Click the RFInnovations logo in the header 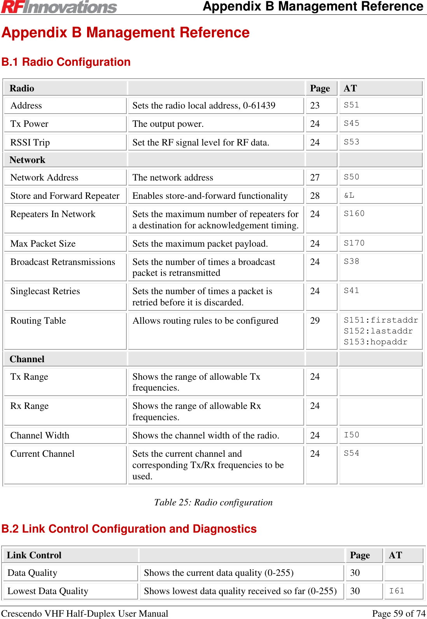pyautogui.click(x=59, y=7)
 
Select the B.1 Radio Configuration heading pyautogui.click(x=66, y=62)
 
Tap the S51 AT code pyautogui.click(x=351, y=105)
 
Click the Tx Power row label pyautogui.click(x=30, y=124)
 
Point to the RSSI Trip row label pyautogui.click(x=30, y=142)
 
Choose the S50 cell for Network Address pyautogui.click(x=351, y=177)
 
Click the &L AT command pyautogui.click(x=349, y=195)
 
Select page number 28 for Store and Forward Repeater pyautogui.click(x=315, y=196)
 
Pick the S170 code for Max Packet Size pyautogui.click(x=354, y=243)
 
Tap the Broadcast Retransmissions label pyautogui.click(x=63, y=262)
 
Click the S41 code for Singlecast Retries pyautogui.click(x=351, y=291)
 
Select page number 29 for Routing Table pyautogui.click(x=315, y=321)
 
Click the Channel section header pyautogui.click(x=27, y=359)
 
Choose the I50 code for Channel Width pyautogui.click(x=351, y=435)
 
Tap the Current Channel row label pyautogui.click(x=42, y=454)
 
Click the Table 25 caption pyautogui.click(x=213, y=502)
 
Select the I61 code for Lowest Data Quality pyautogui.click(x=396, y=591)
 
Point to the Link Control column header pyautogui.click(x=34, y=555)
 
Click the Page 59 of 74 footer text pyautogui.click(x=399, y=614)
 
